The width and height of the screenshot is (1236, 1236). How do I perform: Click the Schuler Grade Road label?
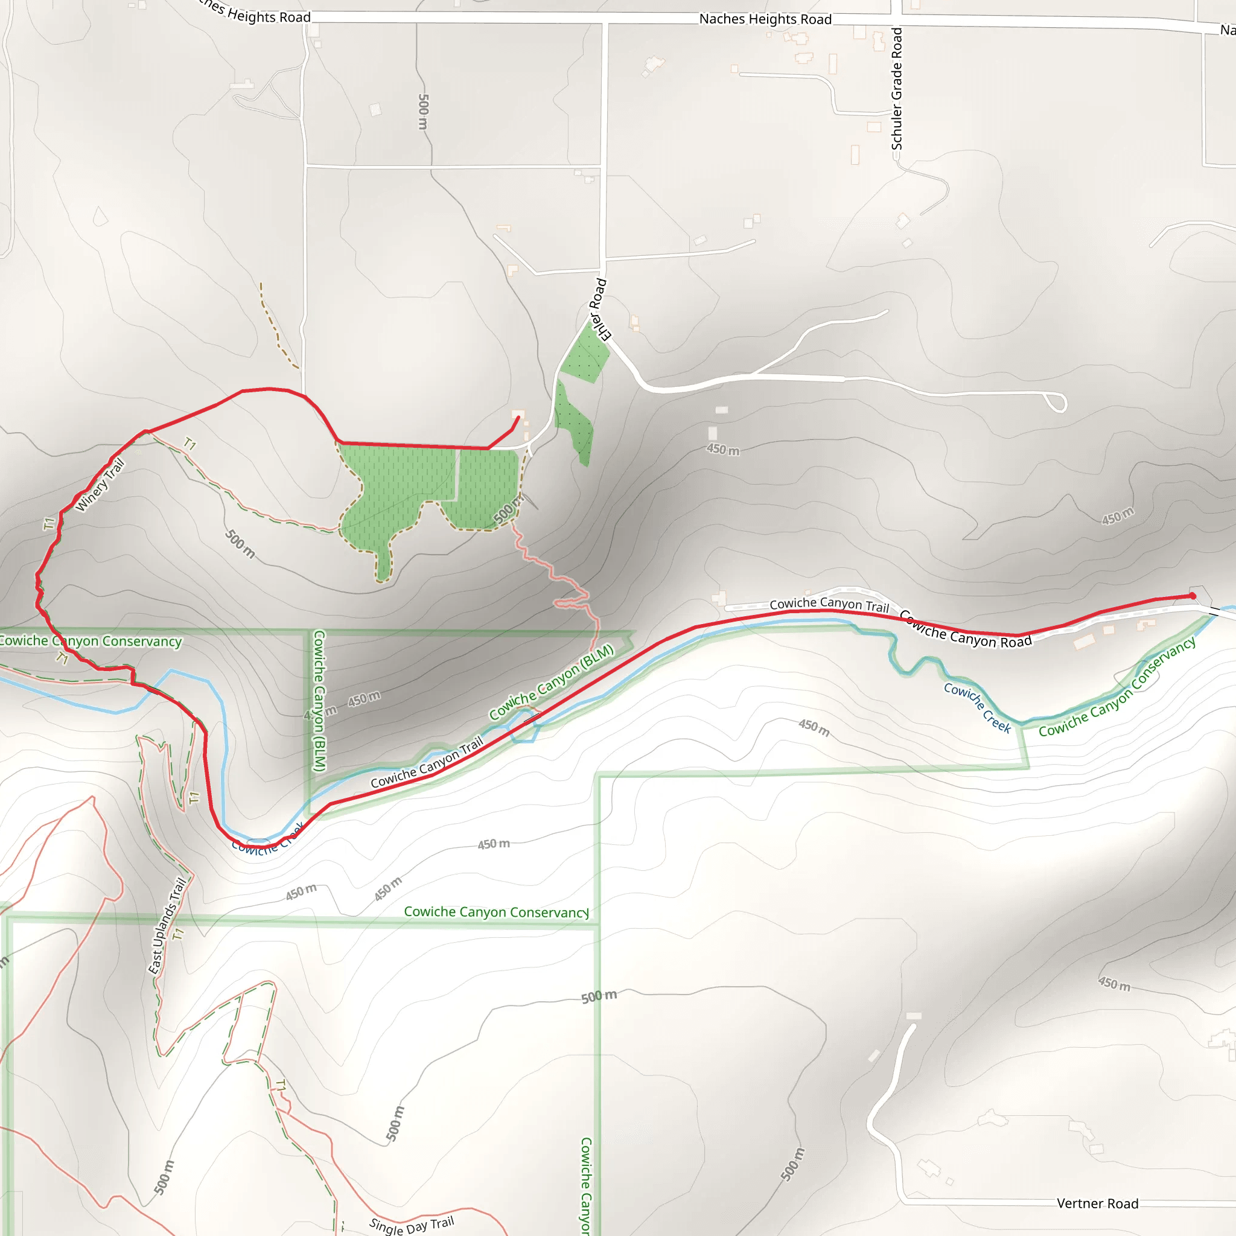coord(897,88)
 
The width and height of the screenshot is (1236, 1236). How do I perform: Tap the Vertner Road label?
coord(1097,1203)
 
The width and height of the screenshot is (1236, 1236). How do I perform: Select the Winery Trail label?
coord(100,485)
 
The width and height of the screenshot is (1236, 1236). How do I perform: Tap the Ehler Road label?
coord(599,309)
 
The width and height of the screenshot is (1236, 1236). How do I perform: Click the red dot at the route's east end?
coord(1193,596)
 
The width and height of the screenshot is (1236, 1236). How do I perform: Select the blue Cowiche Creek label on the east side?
coord(977,707)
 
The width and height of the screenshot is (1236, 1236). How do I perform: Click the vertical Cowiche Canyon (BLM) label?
coord(319,701)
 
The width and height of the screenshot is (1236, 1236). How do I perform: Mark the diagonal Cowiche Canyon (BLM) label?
coord(552,682)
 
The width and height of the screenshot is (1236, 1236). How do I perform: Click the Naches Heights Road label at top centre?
coord(765,19)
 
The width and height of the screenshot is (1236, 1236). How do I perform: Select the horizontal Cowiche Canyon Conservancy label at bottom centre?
coord(496,912)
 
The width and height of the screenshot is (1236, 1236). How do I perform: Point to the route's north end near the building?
coord(518,418)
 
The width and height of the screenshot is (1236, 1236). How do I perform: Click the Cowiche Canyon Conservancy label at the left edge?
coord(90,641)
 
